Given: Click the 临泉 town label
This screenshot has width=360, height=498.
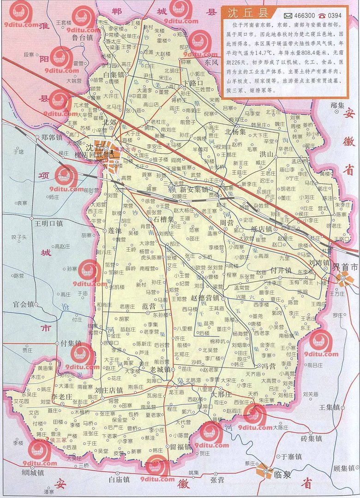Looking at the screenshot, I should (x=282, y=474).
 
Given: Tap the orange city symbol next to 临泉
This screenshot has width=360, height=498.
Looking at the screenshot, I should (x=264, y=470).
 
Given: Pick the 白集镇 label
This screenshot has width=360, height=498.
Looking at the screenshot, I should (x=113, y=74).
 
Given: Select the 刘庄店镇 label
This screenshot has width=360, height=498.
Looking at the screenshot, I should (x=108, y=390).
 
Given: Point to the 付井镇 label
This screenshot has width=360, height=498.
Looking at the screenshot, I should (x=281, y=270).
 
